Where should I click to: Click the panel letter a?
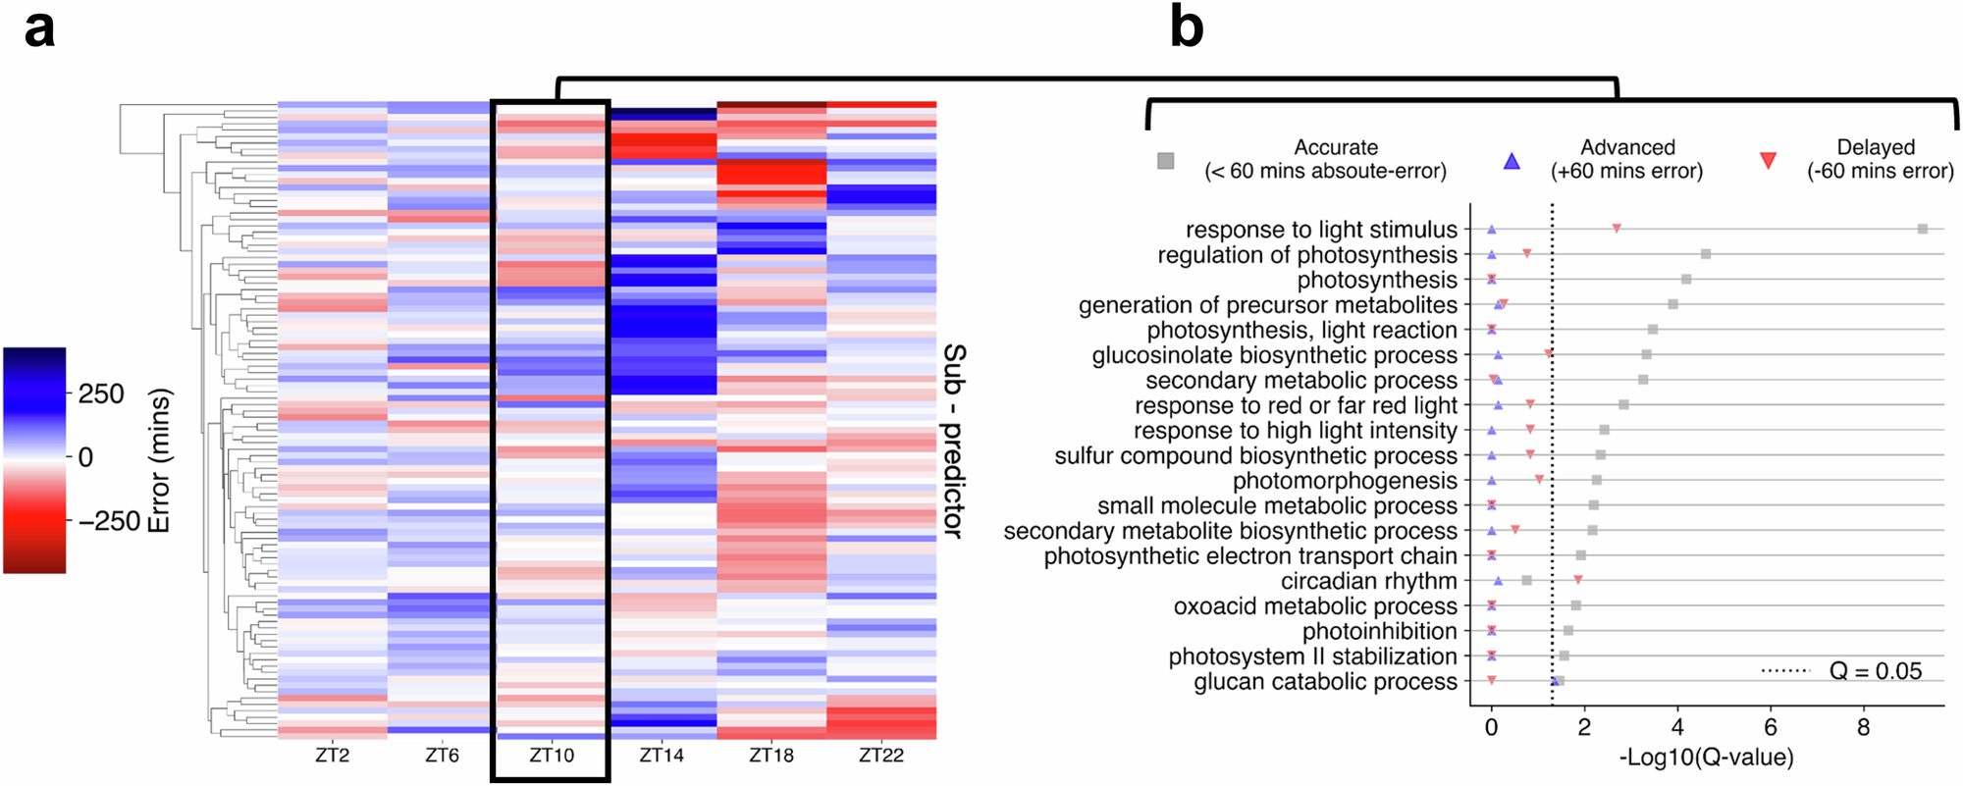coord(39,29)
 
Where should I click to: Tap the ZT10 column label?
coord(552,756)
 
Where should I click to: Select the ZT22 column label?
coord(880,756)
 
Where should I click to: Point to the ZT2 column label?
coord(332,756)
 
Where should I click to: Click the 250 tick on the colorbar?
coord(100,394)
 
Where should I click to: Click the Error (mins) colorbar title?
coord(159,460)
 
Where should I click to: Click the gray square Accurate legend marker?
coord(1165,161)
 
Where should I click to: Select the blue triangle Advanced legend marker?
coord(1512,161)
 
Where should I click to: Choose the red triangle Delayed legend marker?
coord(1768,161)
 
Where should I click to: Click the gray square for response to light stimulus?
coord(1923,229)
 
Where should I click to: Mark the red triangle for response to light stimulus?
coord(1617,229)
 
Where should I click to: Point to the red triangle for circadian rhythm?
coord(1577,580)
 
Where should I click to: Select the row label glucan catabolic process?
coord(1325,682)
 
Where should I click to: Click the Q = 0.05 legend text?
coord(1875,671)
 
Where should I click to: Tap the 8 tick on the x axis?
coord(1863,728)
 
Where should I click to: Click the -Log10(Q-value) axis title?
coord(1706,758)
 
